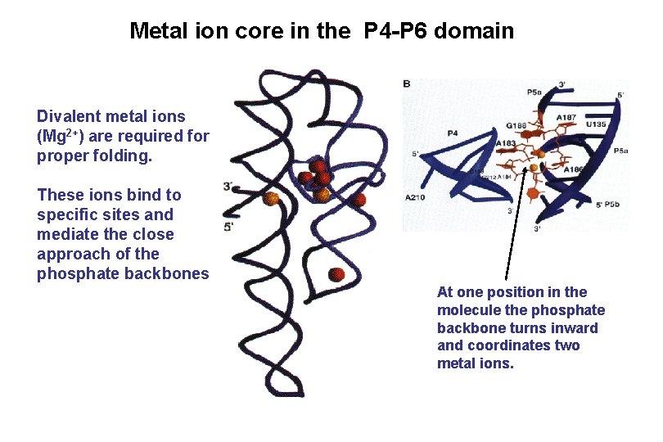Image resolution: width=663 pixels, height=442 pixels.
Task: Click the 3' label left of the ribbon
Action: pos(228,187)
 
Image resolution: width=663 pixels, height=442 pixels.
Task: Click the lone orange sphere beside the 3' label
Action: pos(272,198)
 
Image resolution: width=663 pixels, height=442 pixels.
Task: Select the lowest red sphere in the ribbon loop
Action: pos(336,275)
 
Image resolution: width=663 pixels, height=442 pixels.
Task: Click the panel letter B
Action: pos(407,84)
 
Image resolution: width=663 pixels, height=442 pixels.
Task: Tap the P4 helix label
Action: pos(453,133)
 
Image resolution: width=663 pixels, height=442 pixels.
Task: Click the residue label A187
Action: pos(566,117)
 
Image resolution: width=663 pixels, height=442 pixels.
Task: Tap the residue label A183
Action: pos(507,143)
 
